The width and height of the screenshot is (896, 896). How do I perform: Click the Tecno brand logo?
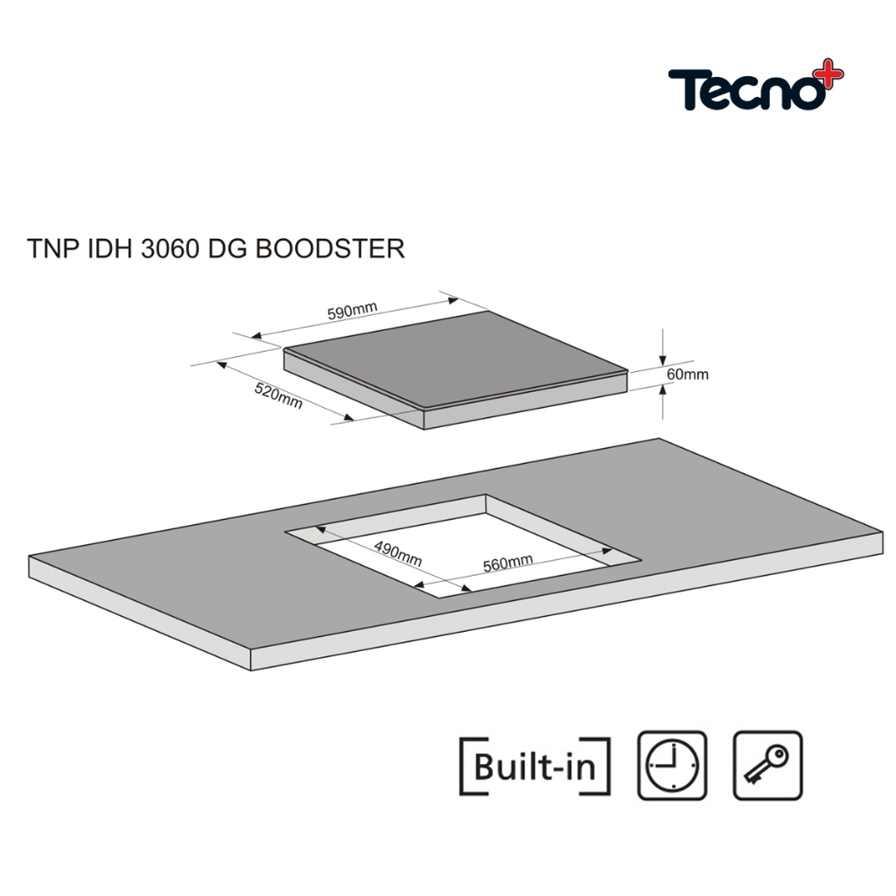(x=755, y=86)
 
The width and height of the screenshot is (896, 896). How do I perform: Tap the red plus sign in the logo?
(x=832, y=72)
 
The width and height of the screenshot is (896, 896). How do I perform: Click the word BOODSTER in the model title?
(x=330, y=248)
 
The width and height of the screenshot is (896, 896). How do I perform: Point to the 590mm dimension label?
(x=352, y=311)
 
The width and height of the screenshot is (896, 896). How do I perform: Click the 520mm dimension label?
(x=278, y=395)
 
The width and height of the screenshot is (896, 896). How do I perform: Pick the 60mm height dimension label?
(x=688, y=374)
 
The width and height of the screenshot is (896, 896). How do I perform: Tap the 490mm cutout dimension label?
(x=398, y=553)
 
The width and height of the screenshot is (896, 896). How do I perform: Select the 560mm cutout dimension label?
(x=508, y=563)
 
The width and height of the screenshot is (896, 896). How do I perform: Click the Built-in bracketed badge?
(x=535, y=766)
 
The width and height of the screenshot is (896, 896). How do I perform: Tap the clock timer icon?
(x=672, y=765)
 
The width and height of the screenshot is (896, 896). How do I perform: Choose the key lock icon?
(x=768, y=765)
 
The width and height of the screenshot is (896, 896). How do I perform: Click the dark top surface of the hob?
(x=455, y=360)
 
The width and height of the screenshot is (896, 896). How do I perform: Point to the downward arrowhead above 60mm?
(x=662, y=360)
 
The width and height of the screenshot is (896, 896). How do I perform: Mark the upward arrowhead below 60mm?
(x=662, y=389)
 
